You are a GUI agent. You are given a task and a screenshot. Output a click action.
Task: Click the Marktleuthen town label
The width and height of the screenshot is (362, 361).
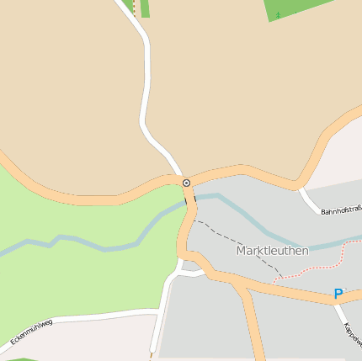(272, 251)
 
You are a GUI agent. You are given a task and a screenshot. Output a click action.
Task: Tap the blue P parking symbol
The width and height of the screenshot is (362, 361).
(338, 294)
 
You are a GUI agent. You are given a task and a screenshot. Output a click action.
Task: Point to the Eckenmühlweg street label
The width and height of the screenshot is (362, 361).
(31, 332)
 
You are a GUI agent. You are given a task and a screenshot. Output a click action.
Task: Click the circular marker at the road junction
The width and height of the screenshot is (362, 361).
(186, 183)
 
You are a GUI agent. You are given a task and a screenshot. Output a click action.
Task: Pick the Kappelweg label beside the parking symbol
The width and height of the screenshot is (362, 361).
(353, 332)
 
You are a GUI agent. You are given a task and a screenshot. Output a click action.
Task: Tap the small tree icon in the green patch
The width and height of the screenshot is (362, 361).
(278, 14)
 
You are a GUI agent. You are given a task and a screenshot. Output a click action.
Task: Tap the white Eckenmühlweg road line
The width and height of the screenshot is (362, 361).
(93, 318)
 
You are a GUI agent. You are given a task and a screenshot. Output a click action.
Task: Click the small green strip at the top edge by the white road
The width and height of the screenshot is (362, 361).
(145, 8)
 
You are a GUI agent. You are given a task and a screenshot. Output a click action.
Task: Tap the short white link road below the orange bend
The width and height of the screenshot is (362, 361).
(191, 273)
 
